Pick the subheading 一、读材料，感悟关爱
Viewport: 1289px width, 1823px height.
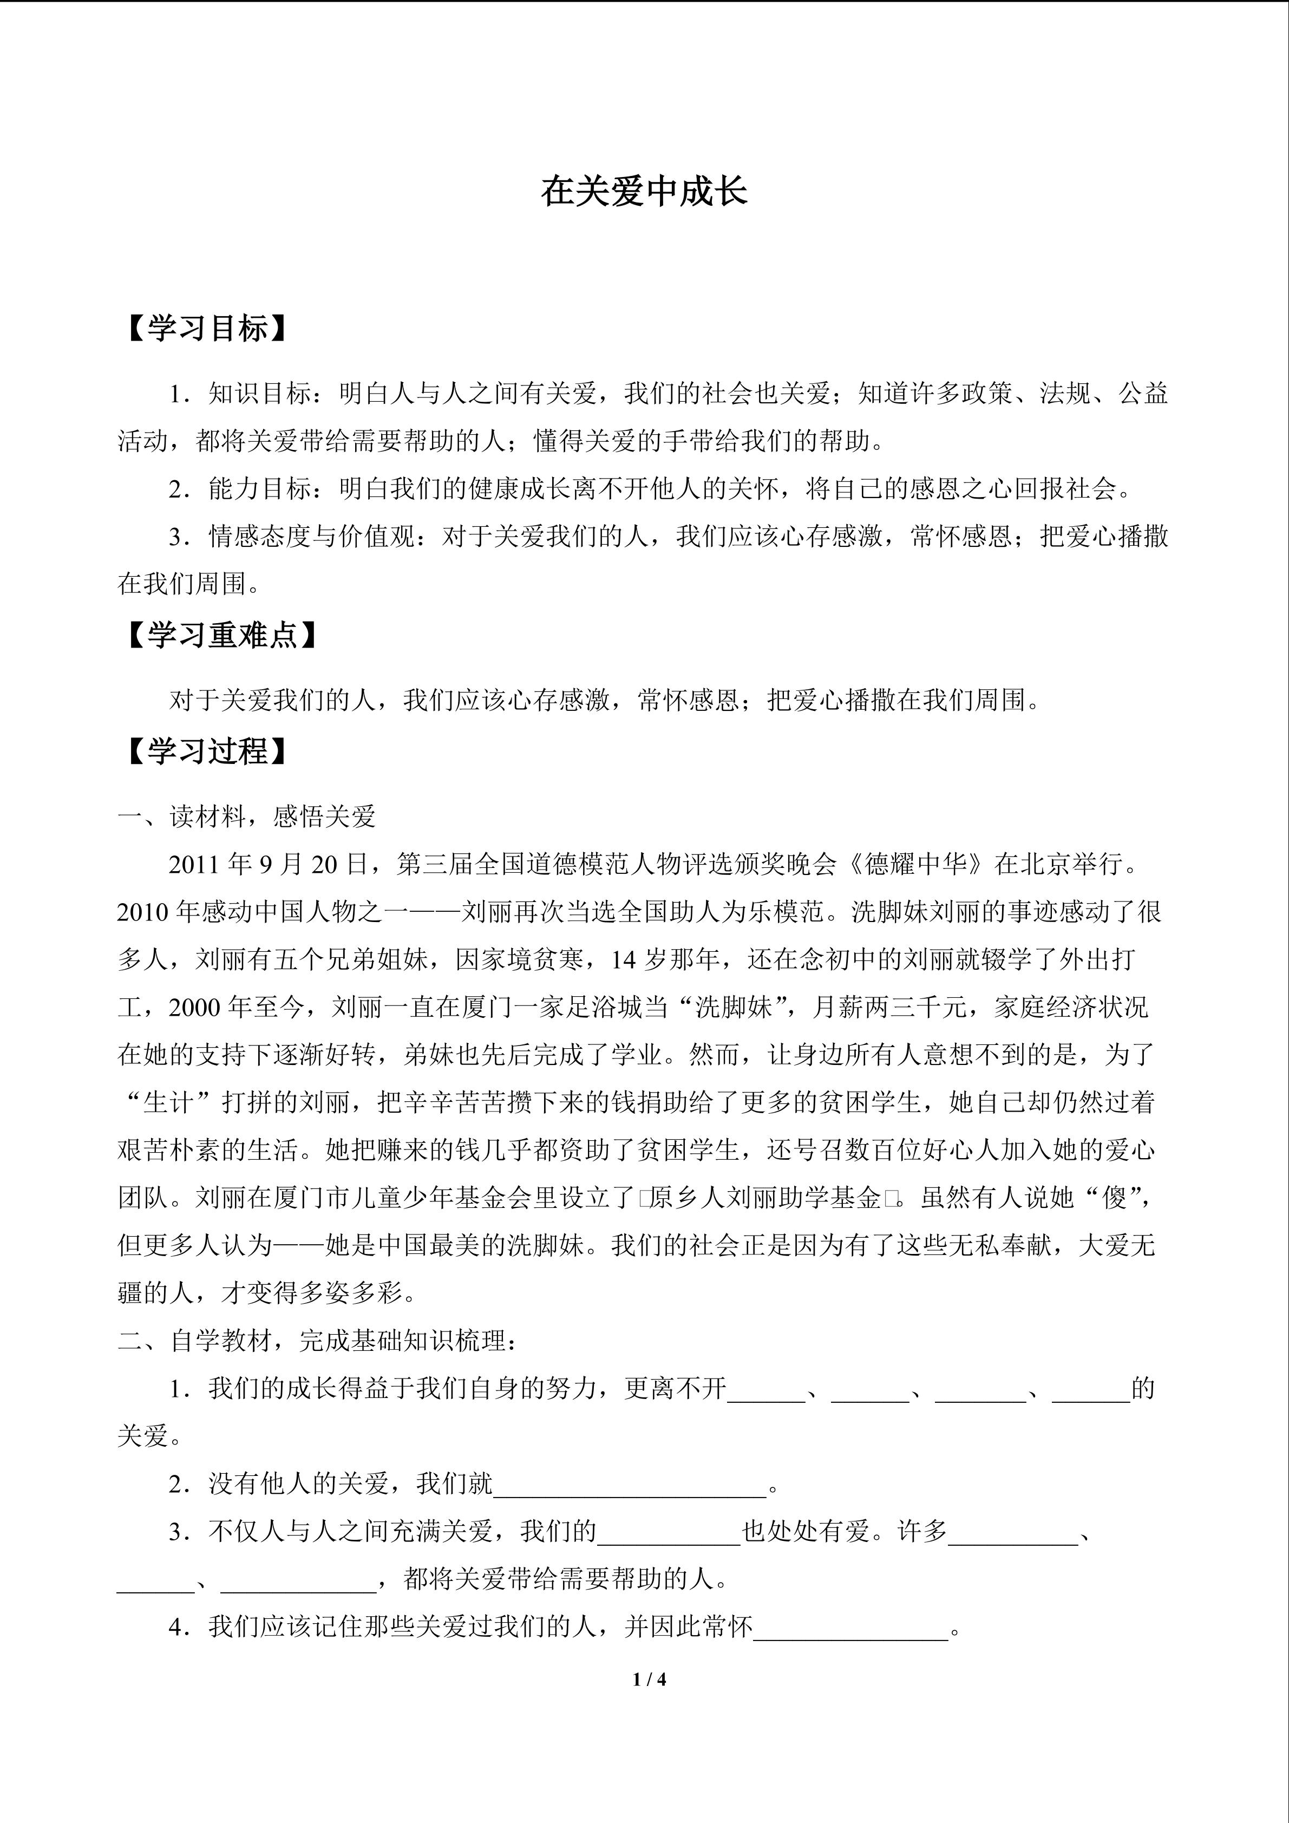247,816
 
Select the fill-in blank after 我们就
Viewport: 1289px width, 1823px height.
630,1484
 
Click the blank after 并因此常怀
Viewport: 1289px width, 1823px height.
851,1628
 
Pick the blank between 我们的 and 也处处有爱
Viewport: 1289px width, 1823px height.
668,1532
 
